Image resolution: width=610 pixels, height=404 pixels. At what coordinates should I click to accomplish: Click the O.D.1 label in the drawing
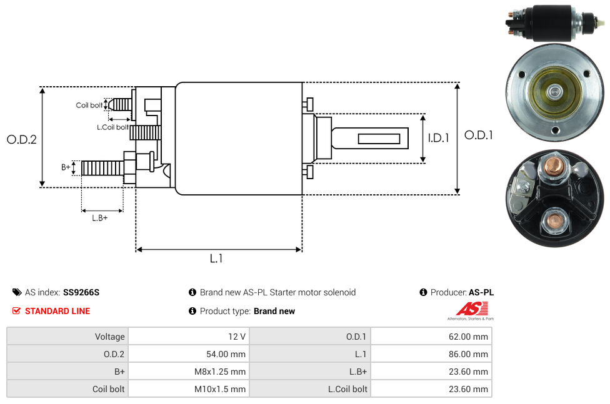[478, 135]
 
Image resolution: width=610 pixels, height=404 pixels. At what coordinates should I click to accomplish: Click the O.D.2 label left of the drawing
[22, 140]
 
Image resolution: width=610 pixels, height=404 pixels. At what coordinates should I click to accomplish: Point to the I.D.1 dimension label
[438, 139]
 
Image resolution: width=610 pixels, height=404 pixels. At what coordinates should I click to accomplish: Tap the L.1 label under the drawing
[216, 259]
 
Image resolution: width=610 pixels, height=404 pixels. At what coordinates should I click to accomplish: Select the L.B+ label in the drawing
[99, 218]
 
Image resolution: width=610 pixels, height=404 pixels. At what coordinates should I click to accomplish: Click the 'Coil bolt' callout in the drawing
[89, 105]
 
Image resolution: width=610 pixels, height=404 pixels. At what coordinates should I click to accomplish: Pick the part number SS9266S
[81, 292]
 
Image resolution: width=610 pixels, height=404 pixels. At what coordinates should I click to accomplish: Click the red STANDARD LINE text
[57, 311]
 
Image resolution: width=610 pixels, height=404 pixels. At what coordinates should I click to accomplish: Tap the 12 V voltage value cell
[237, 337]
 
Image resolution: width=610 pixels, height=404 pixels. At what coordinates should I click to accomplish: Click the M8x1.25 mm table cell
[221, 372]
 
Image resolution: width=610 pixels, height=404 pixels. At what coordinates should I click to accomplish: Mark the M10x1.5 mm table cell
[221, 389]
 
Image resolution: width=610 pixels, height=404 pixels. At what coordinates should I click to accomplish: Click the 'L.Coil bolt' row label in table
[347, 389]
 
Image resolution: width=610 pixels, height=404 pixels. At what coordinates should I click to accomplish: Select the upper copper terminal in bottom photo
[554, 167]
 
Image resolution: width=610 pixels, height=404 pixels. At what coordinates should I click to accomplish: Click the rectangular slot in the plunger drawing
[379, 137]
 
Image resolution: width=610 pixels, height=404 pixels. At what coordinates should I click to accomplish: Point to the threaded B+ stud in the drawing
[102, 168]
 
